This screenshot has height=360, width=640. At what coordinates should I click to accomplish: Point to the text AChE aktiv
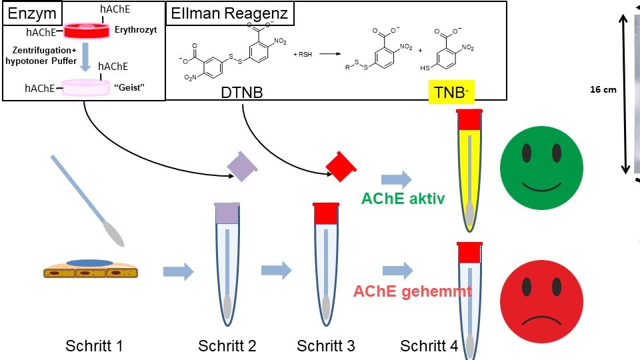(x=403, y=199)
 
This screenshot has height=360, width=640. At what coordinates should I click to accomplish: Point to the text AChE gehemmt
(x=413, y=291)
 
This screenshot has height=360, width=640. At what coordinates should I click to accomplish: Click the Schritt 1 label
(x=94, y=346)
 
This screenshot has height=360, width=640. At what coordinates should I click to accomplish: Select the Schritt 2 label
(x=227, y=346)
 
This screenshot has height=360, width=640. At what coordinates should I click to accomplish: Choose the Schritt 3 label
(x=326, y=346)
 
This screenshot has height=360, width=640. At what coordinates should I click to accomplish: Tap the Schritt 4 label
(x=429, y=346)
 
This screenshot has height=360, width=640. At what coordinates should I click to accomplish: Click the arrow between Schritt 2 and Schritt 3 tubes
(x=276, y=271)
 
